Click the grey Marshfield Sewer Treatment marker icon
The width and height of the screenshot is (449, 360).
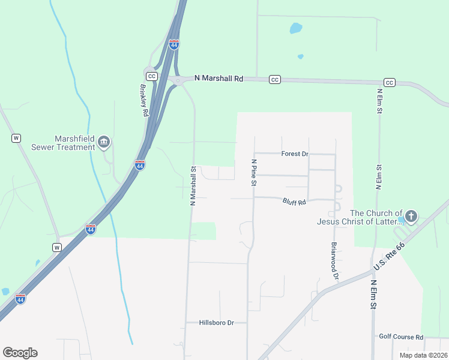point(104,142)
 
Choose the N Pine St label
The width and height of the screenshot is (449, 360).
point(254,172)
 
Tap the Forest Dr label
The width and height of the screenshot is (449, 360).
point(294,154)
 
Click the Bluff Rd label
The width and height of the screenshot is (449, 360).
point(294,202)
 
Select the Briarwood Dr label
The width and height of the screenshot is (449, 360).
point(335,260)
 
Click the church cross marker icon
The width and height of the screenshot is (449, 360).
point(411,216)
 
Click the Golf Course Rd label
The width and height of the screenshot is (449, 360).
point(401,337)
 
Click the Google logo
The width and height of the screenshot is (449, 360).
point(20,353)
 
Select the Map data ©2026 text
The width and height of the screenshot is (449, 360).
point(423,355)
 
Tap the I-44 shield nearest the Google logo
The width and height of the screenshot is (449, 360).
point(20,299)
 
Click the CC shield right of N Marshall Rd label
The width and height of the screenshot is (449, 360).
point(275,79)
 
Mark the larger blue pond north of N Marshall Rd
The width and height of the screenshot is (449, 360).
point(296,28)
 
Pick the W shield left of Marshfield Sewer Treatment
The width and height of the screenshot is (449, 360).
point(16,138)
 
